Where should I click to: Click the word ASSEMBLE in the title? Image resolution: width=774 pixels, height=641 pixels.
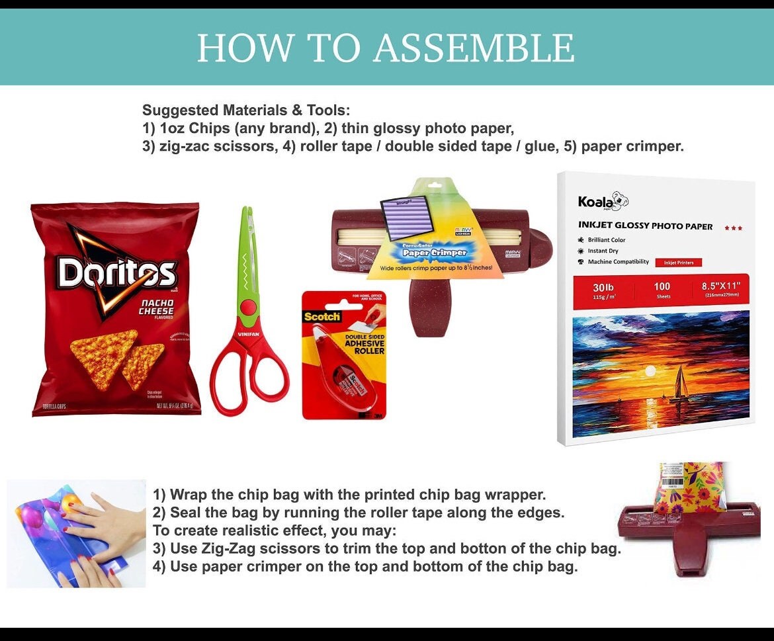click(x=474, y=48)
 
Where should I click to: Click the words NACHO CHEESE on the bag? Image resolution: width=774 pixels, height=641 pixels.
click(x=155, y=307)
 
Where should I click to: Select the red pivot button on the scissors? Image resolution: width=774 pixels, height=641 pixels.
click(x=247, y=307)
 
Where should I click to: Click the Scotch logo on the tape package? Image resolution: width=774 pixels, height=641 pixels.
click(x=322, y=316)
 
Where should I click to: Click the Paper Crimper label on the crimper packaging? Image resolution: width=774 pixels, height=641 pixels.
click(x=434, y=252)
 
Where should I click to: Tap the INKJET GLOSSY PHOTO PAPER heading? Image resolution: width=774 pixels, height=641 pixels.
click(x=645, y=226)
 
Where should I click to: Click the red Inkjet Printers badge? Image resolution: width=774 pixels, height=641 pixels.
click(x=678, y=263)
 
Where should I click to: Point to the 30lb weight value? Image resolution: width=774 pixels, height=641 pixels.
click(x=603, y=287)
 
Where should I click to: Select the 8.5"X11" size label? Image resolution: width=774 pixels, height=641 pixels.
click(x=720, y=286)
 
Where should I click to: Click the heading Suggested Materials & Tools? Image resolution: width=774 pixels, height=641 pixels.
click(x=246, y=110)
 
